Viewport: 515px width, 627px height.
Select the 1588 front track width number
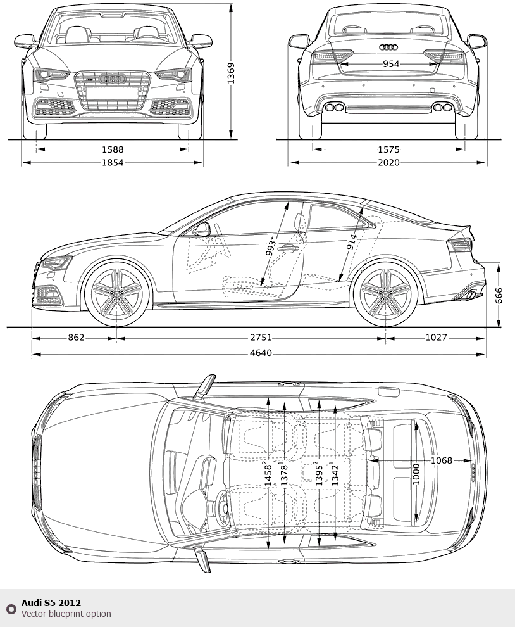(x=113, y=149)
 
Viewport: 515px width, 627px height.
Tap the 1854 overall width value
(x=113, y=163)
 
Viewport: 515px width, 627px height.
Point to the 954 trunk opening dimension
(x=391, y=64)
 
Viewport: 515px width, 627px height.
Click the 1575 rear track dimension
(x=389, y=149)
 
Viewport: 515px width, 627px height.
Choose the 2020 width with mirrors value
(x=389, y=163)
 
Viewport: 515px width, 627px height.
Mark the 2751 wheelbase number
(x=251, y=338)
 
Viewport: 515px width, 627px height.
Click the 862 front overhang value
(x=76, y=338)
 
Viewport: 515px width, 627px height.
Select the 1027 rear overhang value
(x=436, y=338)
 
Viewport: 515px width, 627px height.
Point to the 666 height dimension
(x=499, y=295)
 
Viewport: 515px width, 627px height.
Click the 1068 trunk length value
(x=442, y=460)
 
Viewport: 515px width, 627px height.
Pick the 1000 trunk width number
(x=416, y=474)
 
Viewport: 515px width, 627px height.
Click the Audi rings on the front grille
(x=113, y=79)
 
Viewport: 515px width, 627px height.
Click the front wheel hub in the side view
(x=117, y=293)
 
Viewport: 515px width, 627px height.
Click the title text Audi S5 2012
(x=51, y=603)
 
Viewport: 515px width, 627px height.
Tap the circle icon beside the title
(x=11, y=609)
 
